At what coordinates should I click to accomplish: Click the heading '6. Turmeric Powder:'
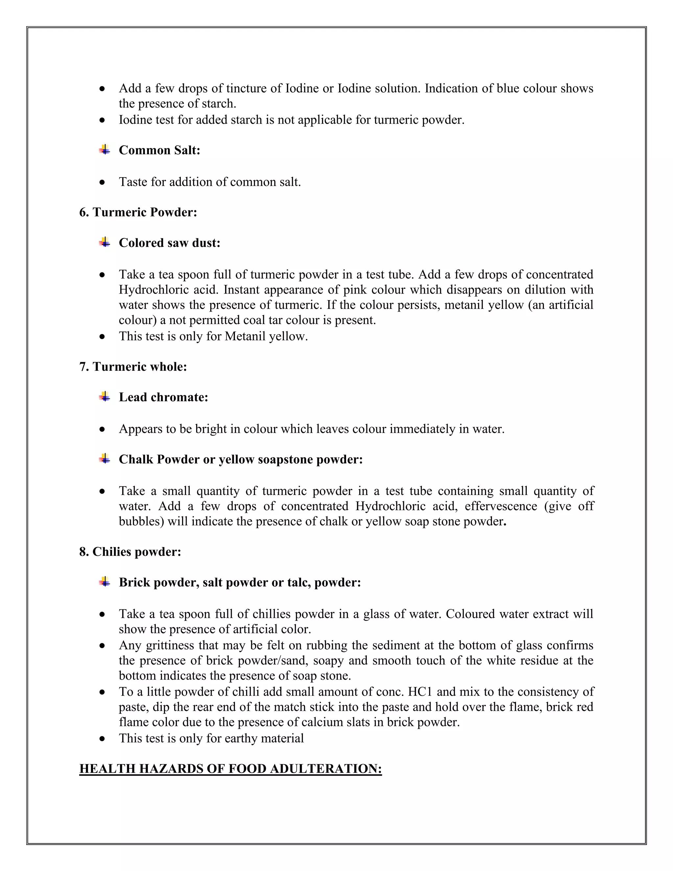pos(138,212)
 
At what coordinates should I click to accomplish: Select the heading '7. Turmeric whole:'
pos(133,366)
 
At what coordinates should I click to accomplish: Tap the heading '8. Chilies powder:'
pos(130,552)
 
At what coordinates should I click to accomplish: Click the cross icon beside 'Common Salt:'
pos(104,150)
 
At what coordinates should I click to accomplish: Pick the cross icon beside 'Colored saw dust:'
pos(104,242)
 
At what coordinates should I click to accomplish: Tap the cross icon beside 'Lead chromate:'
pos(104,396)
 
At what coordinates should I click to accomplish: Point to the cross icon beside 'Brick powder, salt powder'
pos(104,581)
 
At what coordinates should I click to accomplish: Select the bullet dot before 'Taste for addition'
pos(103,182)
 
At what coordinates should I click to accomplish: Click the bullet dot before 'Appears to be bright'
pos(103,429)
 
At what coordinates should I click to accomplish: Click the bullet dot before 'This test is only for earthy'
pos(103,739)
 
